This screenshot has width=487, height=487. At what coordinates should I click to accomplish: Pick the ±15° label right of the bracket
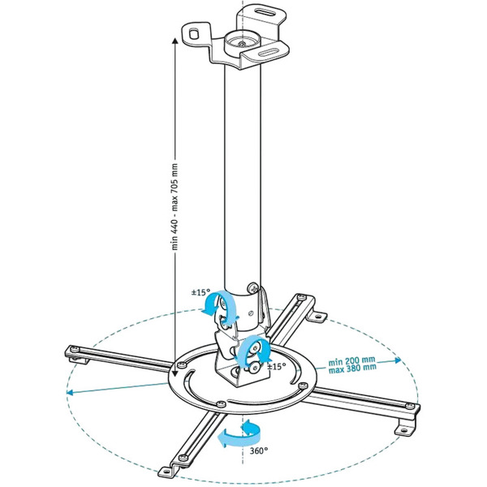click(275, 366)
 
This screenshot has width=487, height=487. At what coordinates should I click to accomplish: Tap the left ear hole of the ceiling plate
click(194, 32)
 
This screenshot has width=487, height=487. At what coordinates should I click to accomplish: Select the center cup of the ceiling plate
click(241, 37)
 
